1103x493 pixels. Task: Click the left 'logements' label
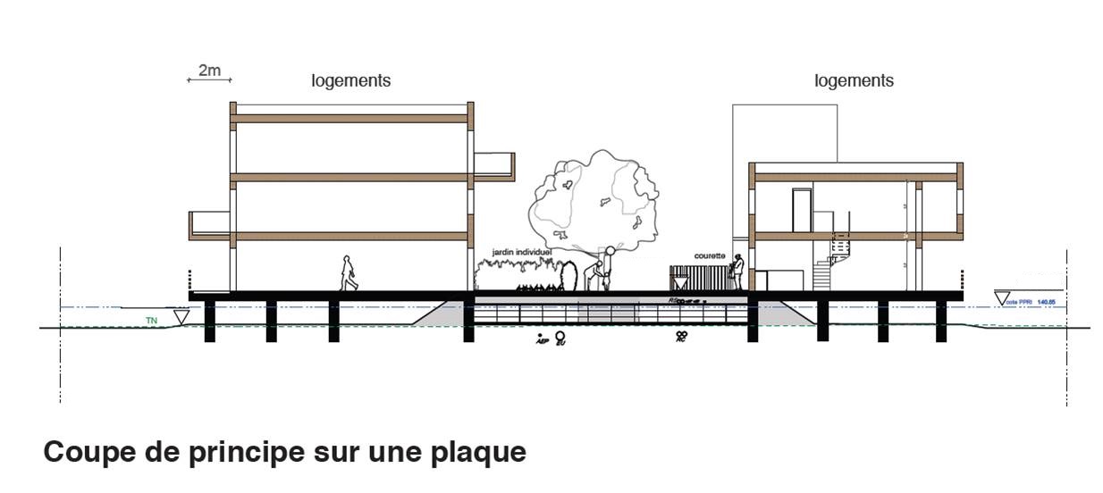pos(350,80)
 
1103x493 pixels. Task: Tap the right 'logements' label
pos(854,80)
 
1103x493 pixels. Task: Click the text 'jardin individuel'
pos(521,253)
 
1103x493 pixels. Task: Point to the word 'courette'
pos(710,255)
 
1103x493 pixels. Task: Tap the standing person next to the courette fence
pos(737,272)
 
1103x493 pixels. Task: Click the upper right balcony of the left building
pos(494,166)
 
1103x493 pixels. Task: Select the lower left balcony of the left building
pos(209,225)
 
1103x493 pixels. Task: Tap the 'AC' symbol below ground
pos(681,337)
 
